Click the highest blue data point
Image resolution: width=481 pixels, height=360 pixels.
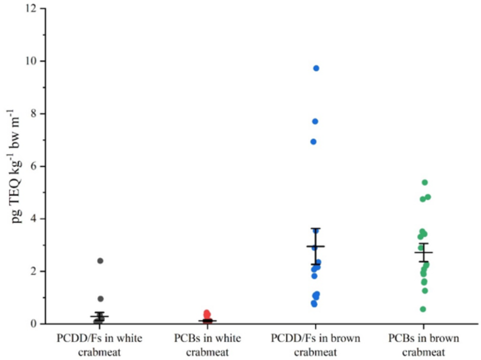(x=316, y=68)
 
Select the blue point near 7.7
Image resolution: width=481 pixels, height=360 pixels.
(x=315, y=121)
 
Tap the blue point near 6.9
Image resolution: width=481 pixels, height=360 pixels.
(x=313, y=142)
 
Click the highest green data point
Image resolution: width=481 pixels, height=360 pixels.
(x=425, y=182)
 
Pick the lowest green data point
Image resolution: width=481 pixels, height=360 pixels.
(x=423, y=309)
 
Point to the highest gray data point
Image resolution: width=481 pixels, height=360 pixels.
(x=100, y=261)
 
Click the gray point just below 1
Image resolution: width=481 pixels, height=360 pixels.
(x=101, y=299)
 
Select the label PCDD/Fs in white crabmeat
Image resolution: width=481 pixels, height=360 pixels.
(x=99, y=345)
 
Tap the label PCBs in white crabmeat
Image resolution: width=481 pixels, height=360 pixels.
(x=208, y=345)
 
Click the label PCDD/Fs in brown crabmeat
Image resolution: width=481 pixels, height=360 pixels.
(x=315, y=345)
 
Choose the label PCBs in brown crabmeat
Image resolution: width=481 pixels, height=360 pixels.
(x=424, y=345)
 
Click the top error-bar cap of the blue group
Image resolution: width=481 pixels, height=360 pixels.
(x=315, y=228)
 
